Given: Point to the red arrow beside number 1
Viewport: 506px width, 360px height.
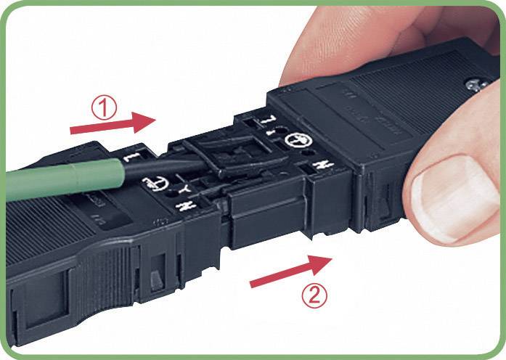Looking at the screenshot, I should coord(113,124).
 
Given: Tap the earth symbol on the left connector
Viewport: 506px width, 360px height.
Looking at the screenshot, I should coord(160,186).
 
